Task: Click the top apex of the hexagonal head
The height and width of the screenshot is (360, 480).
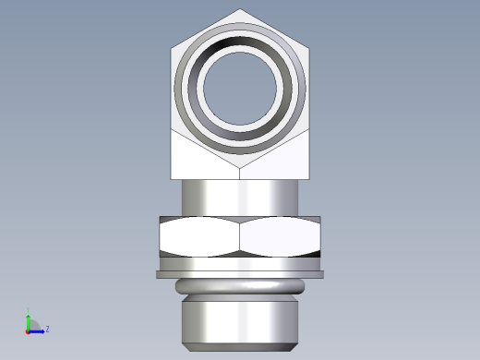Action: [x=240, y=10]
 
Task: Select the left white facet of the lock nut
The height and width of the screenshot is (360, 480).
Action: [x=199, y=239]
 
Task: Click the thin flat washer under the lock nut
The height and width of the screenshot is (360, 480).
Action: [x=240, y=273]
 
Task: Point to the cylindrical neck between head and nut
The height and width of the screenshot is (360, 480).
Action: [x=240, y=196]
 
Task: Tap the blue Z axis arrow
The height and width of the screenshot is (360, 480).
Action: [x=38, y=329]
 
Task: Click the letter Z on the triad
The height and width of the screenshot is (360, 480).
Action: [x=47, y=329]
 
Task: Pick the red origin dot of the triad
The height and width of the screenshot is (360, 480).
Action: [x=28, y=330]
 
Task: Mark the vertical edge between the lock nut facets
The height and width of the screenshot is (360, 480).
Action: [x=240, y=239]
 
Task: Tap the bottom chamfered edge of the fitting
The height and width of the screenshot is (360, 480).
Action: [x=240, y=348]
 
